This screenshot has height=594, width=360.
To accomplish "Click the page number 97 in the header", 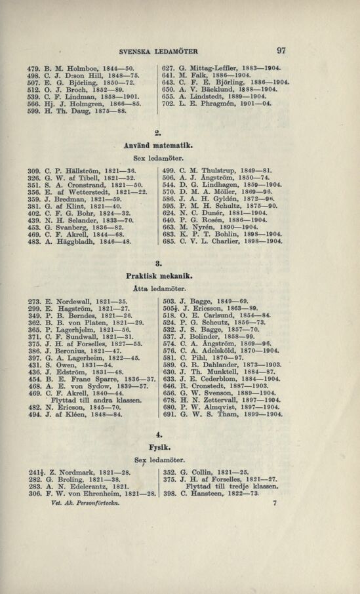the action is click(283, 50).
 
